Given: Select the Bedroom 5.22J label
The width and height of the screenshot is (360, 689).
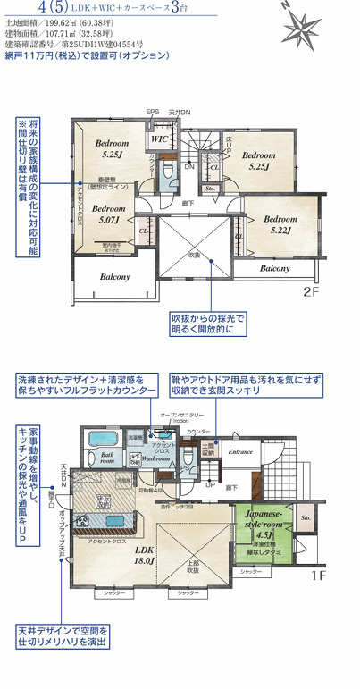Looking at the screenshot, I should [x=280, y=223].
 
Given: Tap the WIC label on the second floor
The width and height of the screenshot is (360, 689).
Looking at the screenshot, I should [x=161, y=139].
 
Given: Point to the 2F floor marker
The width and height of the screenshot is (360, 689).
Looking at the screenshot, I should [x=310, y=291].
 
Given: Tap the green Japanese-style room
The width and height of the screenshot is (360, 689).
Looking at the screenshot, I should [x=265, y=531].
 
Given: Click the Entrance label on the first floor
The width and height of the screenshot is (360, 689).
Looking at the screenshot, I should [x=240, y=452].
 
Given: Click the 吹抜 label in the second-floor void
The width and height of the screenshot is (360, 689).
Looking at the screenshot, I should [x=194, y=255].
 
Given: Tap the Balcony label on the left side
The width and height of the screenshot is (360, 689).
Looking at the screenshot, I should [x=115, y=277].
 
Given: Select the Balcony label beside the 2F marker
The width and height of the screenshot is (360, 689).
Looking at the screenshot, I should [x=275, y=268].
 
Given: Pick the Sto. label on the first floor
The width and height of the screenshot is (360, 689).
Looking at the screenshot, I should [x=305, y=517].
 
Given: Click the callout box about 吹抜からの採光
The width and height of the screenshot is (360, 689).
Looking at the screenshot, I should [x=208, y=324].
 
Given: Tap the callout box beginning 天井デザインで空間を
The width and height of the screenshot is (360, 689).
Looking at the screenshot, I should [x=61, y=636].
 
